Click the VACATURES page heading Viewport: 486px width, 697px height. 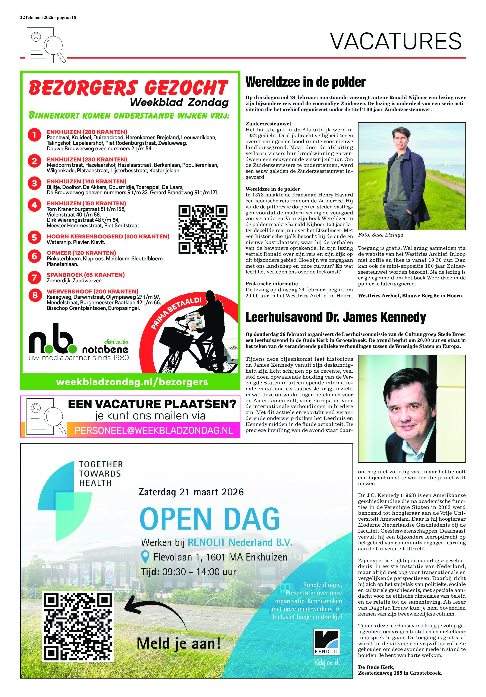point(396,41)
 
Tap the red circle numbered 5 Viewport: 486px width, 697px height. point(34,237)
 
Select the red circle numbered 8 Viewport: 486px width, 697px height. point(34,295)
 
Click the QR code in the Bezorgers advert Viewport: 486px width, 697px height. point(203,229)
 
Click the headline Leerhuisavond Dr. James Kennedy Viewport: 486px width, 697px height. point(335,317)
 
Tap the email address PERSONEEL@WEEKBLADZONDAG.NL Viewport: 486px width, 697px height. point(154,430)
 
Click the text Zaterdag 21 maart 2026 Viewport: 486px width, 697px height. point(191,492)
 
